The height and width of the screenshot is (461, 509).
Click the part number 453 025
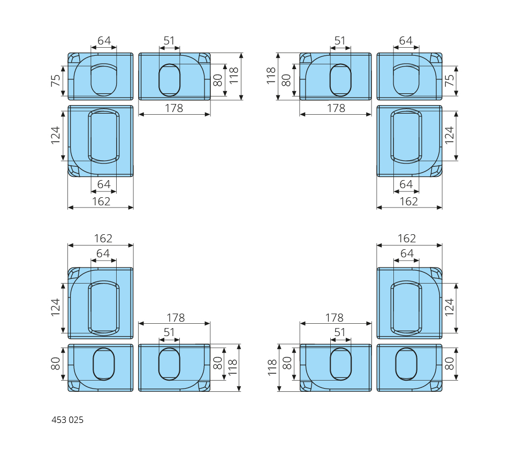(67, 420)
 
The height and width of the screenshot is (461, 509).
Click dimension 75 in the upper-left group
(56, 81)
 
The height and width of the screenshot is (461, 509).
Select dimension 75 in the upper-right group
(450, 81)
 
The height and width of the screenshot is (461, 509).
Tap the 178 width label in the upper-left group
(174, 108)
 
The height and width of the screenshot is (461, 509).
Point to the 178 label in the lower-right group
(336, 318)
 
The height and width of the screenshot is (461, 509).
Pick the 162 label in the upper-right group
(409, 202)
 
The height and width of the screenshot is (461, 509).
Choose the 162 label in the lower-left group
(103, 239)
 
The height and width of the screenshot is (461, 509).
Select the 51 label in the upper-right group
(340, 41)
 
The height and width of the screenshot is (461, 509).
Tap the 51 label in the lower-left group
(170, 332)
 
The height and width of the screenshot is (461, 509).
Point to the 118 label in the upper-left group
(234, 76)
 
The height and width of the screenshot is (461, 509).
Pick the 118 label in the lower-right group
(272, 368)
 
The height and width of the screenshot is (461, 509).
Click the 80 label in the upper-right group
(286, 80)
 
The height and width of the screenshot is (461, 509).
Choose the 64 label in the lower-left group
(103, 254)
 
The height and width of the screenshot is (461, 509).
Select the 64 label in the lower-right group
(407, 254)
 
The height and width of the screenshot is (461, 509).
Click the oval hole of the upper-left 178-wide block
(170, 80)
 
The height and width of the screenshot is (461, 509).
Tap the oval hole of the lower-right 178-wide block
(341, 364)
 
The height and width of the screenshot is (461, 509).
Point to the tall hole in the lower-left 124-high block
(104, 307)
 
